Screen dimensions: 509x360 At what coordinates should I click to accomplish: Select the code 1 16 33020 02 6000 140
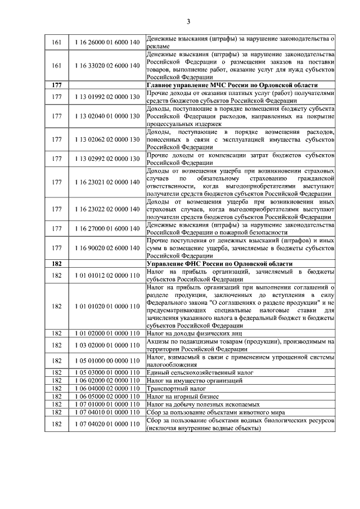(x=106, y=66)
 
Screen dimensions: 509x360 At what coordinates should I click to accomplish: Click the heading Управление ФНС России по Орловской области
(x=219, y=264)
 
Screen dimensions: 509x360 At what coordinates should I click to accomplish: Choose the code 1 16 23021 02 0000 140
(x=106, y=182)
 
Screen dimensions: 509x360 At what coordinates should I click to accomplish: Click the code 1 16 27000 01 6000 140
(x=106, y=228)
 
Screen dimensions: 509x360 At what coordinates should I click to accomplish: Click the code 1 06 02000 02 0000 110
(x=106, y=381)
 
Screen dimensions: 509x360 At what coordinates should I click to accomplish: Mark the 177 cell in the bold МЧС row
(x=56, y=84)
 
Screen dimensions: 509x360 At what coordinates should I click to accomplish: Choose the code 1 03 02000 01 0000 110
(x=106, y=345)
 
